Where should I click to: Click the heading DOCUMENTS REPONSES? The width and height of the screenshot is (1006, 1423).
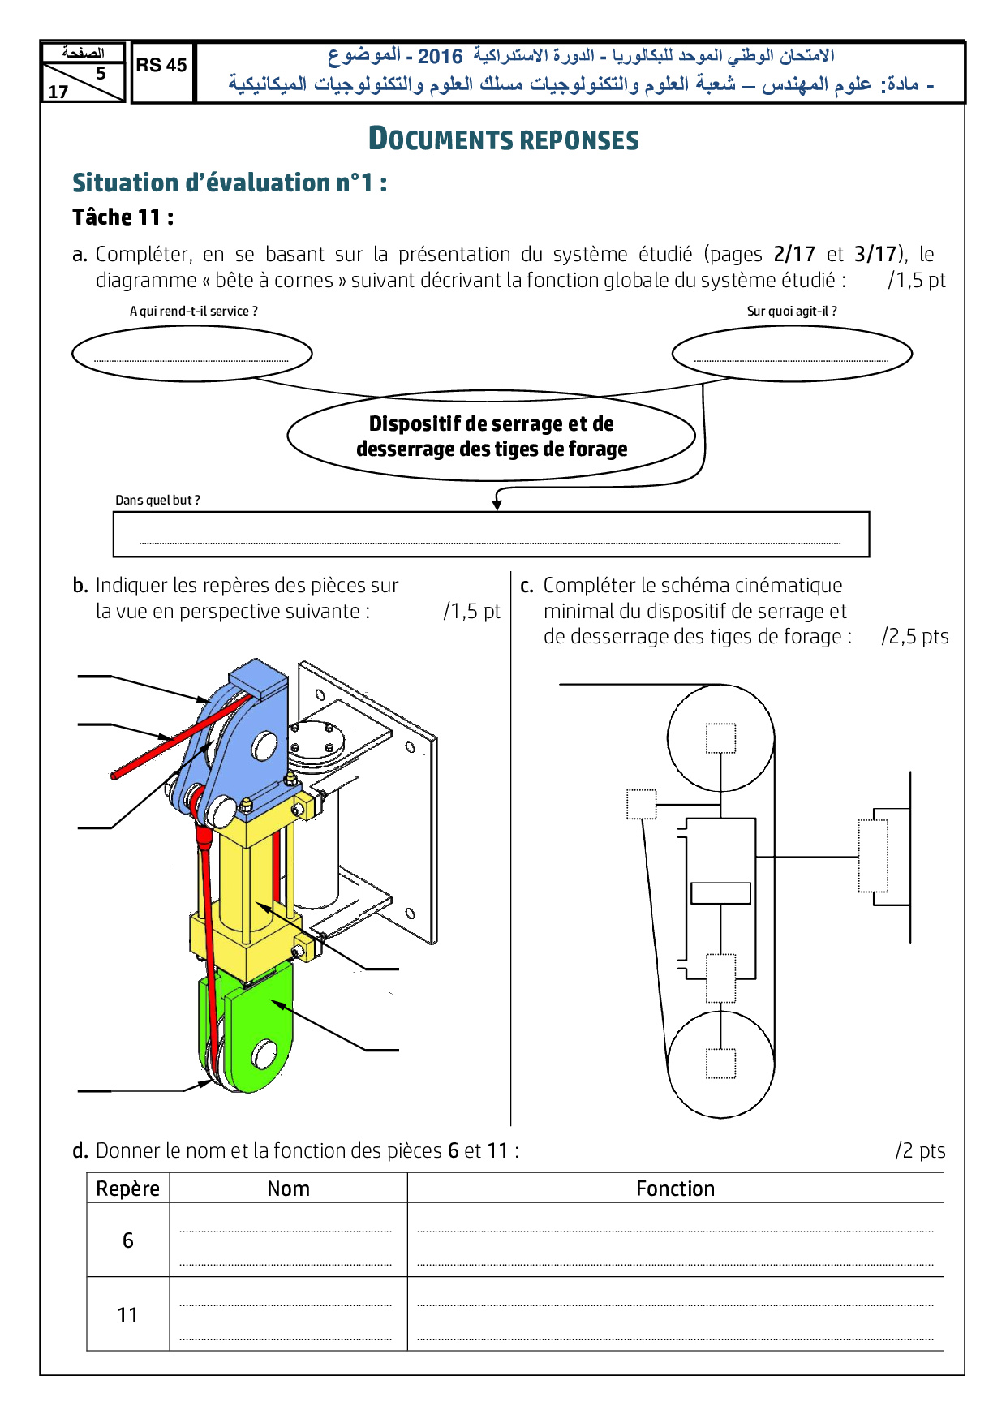[x=503, y=139]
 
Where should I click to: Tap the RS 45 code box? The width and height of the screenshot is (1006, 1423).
[x=161, y=66]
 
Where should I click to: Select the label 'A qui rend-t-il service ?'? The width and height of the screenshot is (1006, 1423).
[x=194, y=311]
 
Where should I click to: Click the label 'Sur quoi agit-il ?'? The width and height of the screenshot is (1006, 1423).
[x=792, y=311]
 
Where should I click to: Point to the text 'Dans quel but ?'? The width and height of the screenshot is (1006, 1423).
[x=157, y=500]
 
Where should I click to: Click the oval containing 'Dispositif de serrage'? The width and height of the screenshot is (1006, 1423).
[x=491, y=436]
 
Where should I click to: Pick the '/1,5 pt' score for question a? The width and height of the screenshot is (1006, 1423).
[x=917, y=281]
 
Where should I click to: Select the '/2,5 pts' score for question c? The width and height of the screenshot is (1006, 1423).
[x=914, y=636]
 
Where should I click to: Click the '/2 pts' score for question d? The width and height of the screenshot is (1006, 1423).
[x=920, y=1150]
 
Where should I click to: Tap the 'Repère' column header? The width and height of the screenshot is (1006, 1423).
[x=128, y=1189]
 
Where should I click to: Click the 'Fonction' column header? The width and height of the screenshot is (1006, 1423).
[x=675, y=1189]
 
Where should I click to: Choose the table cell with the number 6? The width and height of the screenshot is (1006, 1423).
[x=128, y=1240]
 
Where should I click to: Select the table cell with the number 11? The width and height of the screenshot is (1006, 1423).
[x=128, y=1315]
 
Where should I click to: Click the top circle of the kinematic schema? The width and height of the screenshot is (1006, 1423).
[x=720, y=737]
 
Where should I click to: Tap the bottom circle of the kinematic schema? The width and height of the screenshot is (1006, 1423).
[x=720, y=1064]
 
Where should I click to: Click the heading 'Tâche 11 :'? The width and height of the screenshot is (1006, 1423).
[x=123, y=217]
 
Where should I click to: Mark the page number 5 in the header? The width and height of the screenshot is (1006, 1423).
[x=101, y=73]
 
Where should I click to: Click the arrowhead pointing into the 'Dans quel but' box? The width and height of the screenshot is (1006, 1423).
[x=497, y=505]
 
